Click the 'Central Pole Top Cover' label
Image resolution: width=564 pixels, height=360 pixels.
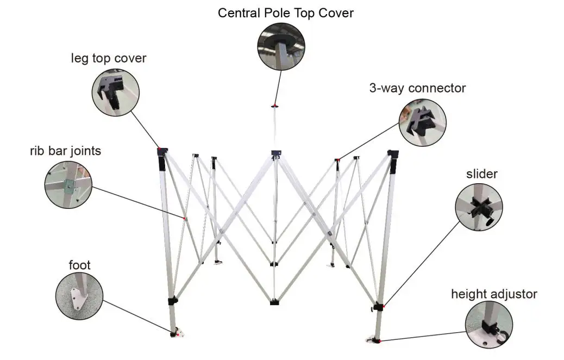[x=285, y=13]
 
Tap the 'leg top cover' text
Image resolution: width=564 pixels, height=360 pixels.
[x=109, y=58]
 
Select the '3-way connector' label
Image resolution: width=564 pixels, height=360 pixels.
[x=417, y=88]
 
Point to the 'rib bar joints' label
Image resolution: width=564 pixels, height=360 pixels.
[x=65, y=151]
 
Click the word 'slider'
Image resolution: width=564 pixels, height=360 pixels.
[x=481, y=174]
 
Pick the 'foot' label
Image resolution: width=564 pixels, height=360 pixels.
[x=79, y=265]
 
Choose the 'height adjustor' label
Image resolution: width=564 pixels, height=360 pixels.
[x=494, y=294]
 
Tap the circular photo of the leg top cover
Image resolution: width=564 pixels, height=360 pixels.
[x=116, y=91]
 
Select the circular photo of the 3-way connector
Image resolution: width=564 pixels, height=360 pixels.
[x=422, y=122]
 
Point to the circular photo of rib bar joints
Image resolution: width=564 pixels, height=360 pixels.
[x=68, y=184]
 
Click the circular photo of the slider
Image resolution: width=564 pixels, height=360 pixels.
[x=478, y=207]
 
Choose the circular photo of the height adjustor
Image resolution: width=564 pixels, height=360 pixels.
[x=488, y=325]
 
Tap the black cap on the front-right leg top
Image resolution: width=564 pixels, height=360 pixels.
[x=393, y=154]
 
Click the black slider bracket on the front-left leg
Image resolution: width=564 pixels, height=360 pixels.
[x=172, y=301]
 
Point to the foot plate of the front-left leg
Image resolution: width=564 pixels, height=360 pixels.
[x=177, y=333]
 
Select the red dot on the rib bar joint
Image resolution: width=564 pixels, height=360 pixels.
[x=185, y=219]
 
